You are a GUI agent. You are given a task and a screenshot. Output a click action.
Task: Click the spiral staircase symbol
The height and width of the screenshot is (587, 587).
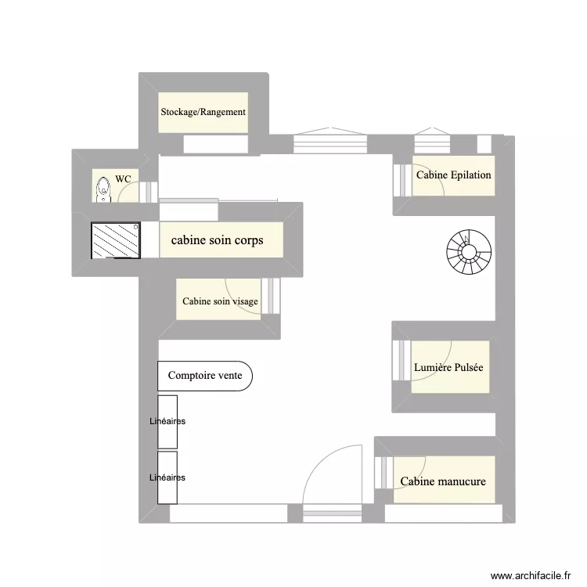click(470, 250)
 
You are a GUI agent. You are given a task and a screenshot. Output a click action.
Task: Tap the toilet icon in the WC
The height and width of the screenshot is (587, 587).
click(103, 189)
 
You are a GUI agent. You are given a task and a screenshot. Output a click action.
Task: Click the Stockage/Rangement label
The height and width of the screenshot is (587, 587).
click(203, 112)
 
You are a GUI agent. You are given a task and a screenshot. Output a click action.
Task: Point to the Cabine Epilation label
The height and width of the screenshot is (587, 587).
click(453, 175)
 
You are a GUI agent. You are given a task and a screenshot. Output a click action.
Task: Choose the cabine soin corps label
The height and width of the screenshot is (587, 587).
click(217, 240)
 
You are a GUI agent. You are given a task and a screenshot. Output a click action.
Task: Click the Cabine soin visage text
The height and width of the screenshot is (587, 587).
click(220, 301)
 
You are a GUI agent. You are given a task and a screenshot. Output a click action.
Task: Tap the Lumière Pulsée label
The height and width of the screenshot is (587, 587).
click(448, 367)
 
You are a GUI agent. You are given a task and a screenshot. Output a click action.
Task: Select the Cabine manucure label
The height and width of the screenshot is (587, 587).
click(443, 481)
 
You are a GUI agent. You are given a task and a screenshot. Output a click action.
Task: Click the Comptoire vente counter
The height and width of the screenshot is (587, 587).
click(205, 376)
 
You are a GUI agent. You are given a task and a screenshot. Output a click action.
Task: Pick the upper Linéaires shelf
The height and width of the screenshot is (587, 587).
click(167, 421)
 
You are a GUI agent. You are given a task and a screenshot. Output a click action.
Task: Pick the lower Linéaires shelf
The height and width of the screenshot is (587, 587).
click(167, 477)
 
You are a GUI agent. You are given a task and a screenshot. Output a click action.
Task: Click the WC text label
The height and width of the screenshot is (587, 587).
click(123, 179)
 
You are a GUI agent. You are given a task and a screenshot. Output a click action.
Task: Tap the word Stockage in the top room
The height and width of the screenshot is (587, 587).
click(178, 112)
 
